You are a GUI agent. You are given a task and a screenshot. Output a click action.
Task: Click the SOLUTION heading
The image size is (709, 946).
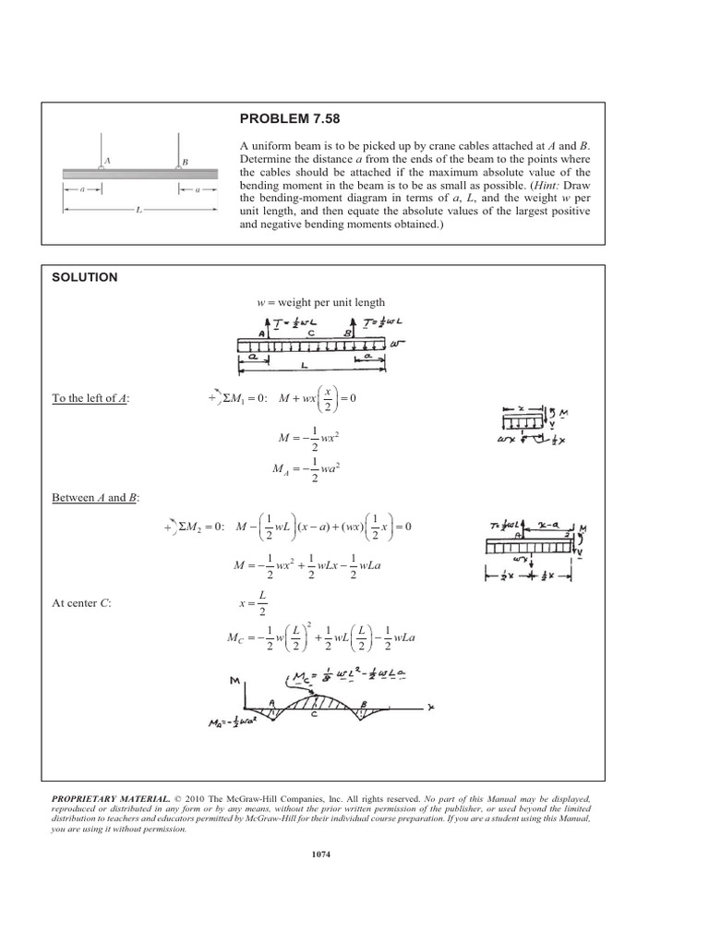(x=84, y=276)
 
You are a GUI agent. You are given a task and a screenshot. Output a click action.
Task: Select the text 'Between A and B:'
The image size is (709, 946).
(x=94, y=498)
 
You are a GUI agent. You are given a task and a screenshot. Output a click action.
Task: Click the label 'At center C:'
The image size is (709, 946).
(x=84, y=603)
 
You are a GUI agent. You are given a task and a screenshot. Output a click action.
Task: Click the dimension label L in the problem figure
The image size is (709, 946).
(x=138, y=210)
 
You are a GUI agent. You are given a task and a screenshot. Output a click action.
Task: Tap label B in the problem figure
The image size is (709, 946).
(x=185, y=163)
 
